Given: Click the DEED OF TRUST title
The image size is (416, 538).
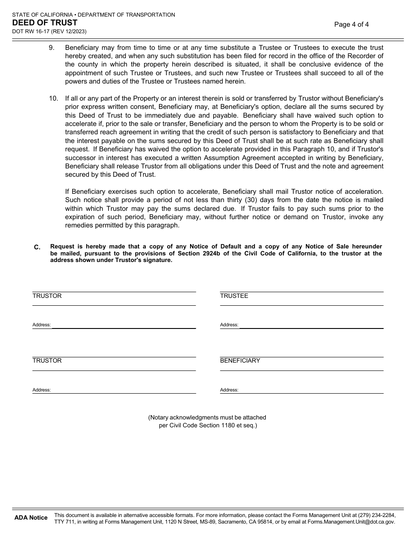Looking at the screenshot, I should click(x=45, y=23).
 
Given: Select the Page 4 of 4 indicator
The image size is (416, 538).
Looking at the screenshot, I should click(x=351, y=24).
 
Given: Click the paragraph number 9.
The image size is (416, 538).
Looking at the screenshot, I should click(x=52, y=48).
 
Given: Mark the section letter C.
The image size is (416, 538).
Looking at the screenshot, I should click(x=37, y=247).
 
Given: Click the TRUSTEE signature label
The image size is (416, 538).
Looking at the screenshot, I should click(x=234, y=296).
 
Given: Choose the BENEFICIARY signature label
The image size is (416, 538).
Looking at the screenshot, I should click(x=240, y=361).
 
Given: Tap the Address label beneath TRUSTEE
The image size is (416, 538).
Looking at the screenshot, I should click(x=229, y=325).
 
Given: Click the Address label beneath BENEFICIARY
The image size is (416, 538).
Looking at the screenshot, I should click(x=229, y=390).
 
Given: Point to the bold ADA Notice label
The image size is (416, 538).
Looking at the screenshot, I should click(x=31, y=518).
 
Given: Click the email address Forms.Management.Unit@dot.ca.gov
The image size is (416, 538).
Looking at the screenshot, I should click(x=351, y=522).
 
